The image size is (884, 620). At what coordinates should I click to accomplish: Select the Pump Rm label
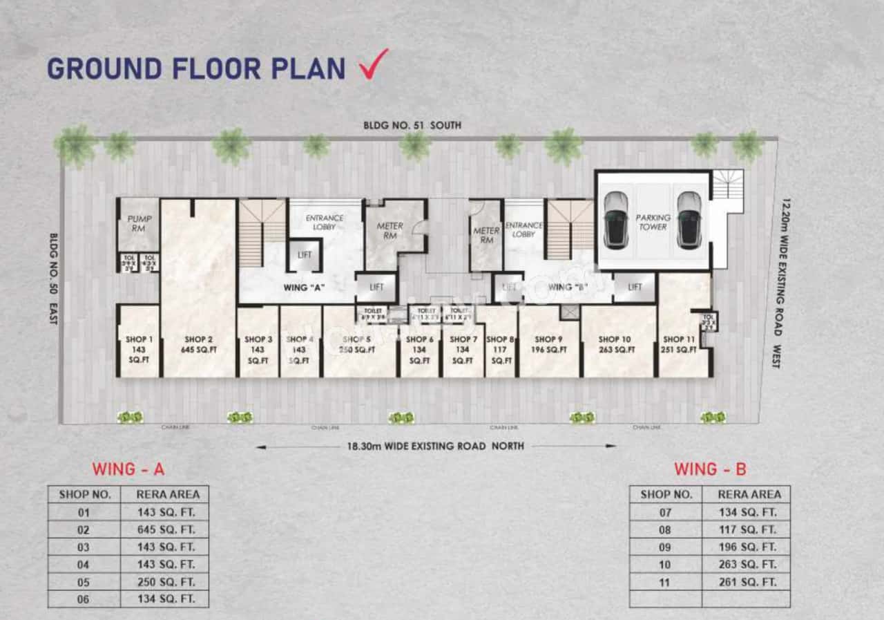[x=139, y=224]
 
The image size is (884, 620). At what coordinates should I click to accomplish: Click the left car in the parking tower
[x=615, y=219]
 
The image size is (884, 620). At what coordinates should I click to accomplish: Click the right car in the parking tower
[x=689, y=219]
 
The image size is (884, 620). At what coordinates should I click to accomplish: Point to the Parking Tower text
[x=652, y=222]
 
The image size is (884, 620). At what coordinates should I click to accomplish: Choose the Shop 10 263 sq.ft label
[x=614, y=345]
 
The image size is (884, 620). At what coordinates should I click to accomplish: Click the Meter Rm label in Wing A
[x=390, y=232]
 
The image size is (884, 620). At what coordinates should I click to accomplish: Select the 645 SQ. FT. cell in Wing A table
[x=164, y=529]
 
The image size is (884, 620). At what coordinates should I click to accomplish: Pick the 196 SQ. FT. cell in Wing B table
[x=745, y=547]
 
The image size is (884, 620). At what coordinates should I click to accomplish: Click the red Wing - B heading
[x=710, y=469]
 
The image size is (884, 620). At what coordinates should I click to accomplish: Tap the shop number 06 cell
[x=84, y=599]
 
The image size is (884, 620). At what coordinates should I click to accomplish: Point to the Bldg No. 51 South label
[x=412, y=126]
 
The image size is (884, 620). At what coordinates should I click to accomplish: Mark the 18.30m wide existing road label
[x=435, y=447]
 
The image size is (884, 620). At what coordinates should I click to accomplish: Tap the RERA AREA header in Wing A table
[x=164, y=494]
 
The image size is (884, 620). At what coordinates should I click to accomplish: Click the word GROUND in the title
[x=104, y=68]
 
